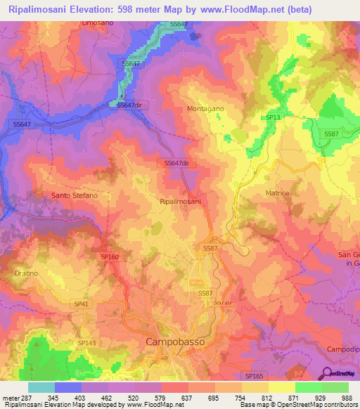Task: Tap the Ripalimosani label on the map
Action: (x=181, y=202)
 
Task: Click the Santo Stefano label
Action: (x=74, y=195)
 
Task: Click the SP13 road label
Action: (x=273, y=117)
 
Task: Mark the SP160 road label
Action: (x=110, y=257)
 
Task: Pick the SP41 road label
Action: (x=82, y=303)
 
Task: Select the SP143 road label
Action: (x=86, y=342)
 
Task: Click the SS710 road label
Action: (x=221, y=301)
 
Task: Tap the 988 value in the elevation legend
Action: (x=347, y=398)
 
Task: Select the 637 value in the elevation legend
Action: (x=186, y=398)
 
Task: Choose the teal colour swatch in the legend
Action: (x=41, y=387)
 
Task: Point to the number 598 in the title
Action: (x=128, y=9)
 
